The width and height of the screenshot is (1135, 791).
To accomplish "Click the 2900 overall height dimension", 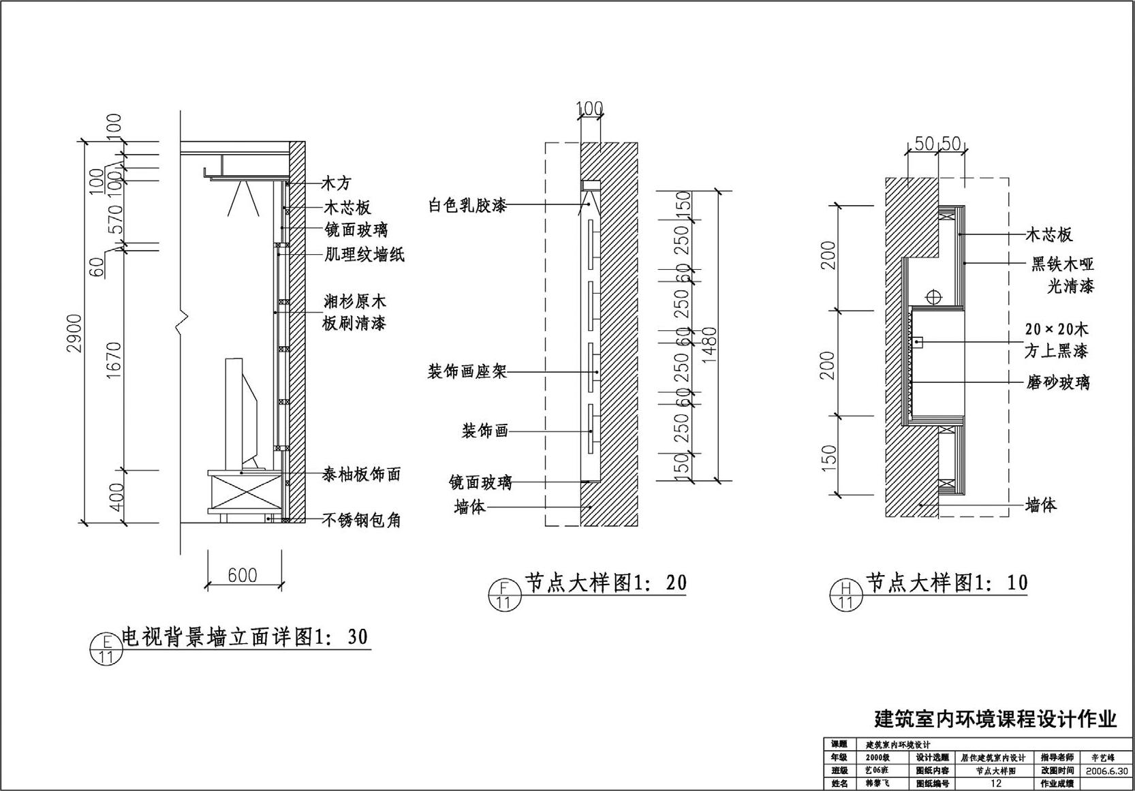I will click(74, 333).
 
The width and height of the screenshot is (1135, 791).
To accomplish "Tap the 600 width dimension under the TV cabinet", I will click(243, 576).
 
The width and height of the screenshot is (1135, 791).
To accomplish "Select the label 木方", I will click(336, 183).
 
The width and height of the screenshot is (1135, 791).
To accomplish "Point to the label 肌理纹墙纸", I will click(364, 255).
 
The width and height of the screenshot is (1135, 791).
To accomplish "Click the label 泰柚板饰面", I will click(361, 475).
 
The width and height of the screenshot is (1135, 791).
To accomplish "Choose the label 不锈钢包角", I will click(361, 521).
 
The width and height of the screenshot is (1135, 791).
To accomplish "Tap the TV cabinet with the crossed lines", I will click(245, 492).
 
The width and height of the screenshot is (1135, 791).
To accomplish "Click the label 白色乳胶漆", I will click(467, 205).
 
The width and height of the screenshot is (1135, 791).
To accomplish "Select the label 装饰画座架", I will click(467, 372).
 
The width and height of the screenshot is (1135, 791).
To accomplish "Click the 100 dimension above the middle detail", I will click(590, 108).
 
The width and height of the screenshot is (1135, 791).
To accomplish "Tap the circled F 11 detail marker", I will click(504, 594).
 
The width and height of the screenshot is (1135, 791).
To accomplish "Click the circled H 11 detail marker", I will click(845, 594).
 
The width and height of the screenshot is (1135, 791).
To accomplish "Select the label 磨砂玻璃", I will click(1058, 383).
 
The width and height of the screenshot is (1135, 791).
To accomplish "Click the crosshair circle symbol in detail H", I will click(933, 297).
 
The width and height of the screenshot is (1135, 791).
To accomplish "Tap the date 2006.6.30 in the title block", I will click(1107, 771).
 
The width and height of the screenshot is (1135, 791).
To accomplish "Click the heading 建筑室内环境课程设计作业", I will click(995, 719).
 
